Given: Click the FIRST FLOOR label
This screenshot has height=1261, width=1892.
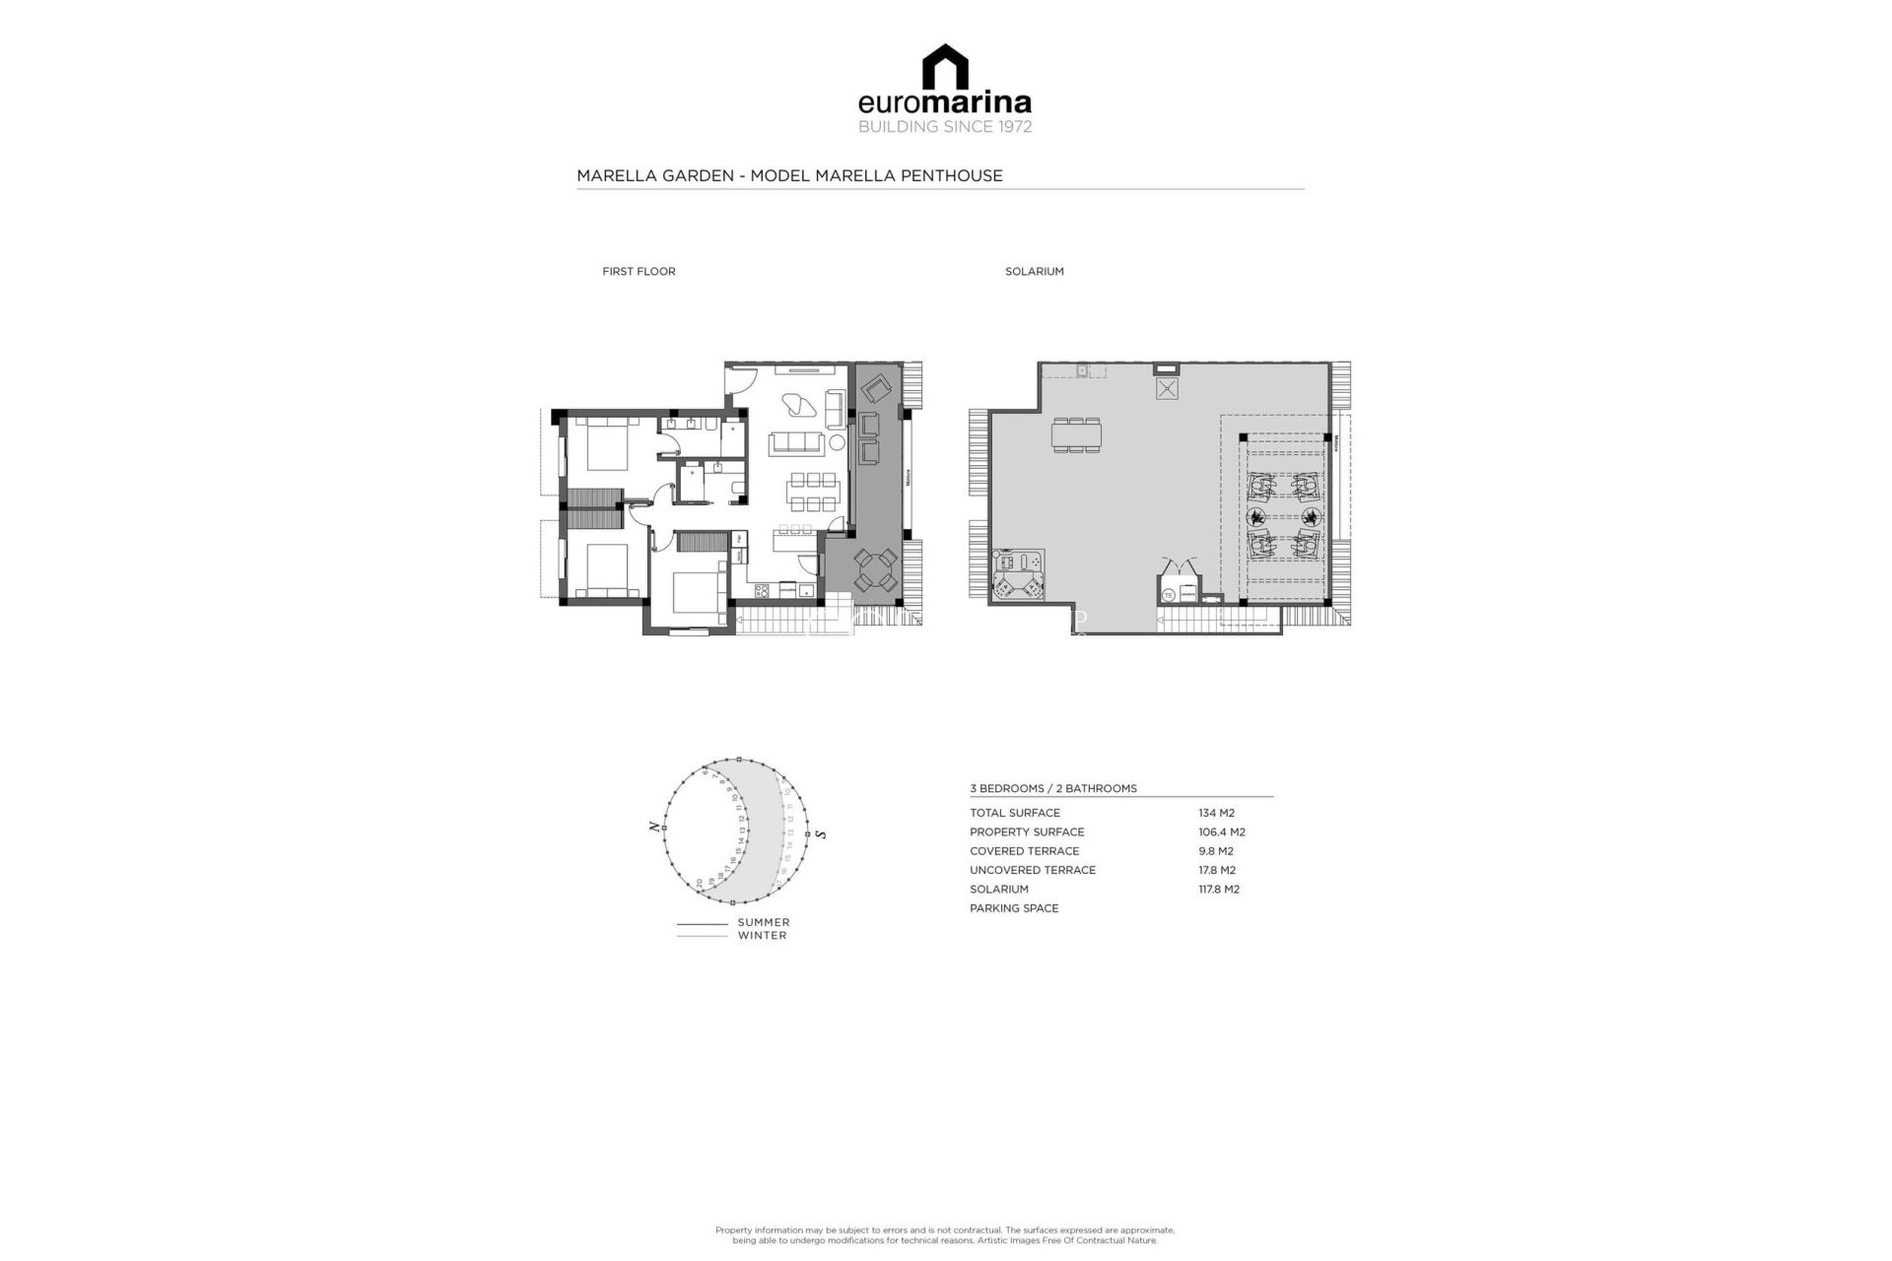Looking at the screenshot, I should click(639, 271).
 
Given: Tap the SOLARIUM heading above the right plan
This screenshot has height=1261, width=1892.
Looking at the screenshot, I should click(1034, 271).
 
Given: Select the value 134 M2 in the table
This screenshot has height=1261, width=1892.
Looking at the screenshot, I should click(1216, 813).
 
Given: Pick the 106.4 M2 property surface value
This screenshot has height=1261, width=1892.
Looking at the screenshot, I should click(1221, 831).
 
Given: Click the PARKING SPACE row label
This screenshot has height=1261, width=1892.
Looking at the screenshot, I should click(1013, 908).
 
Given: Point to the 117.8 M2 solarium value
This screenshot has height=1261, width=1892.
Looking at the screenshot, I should click(1218, 889).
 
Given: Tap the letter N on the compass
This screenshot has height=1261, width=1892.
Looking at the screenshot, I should click(653, 827).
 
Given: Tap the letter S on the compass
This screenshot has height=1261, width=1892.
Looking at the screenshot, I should click(821, 834).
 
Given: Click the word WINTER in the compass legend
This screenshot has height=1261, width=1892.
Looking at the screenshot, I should click(762, 935).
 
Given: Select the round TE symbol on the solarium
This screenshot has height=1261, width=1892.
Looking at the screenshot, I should click(1169, 595).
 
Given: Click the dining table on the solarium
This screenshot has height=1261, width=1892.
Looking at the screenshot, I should click(1076, 434).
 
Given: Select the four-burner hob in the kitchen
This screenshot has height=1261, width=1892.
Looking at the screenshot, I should click(762, 591).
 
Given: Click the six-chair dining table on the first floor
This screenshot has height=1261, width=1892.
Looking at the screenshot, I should click(812, 492).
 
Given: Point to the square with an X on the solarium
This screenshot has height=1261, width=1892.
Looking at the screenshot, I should click(1167, 388).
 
